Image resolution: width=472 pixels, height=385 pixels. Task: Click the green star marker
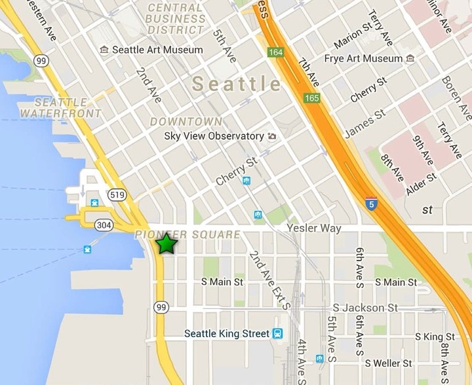click(x=167, y=244)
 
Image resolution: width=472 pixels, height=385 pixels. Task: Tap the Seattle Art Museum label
click(x=157, y=50)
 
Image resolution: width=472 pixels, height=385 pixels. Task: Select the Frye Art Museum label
click(x=363, y=59)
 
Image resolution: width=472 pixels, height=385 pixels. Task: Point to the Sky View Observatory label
click(x=214, y=136)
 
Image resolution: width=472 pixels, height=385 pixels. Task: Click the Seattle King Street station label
click(x=227, y=334)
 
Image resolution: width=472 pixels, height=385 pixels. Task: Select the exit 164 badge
click(x=274, y=52)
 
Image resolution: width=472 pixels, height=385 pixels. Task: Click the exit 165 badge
click(x=311, y=98)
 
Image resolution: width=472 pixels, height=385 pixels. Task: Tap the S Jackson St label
click(x=365, y=308)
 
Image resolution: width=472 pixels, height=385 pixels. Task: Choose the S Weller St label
click(x=389, y=363)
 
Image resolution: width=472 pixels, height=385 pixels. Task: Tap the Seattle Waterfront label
click(x=60, y=107)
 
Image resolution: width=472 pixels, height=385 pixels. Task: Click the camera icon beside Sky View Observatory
click(x=272, y=136)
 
